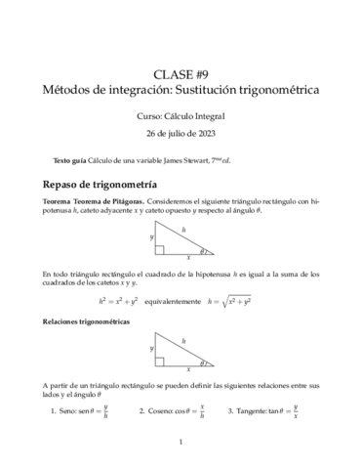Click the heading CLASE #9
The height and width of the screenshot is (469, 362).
[181, 74]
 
